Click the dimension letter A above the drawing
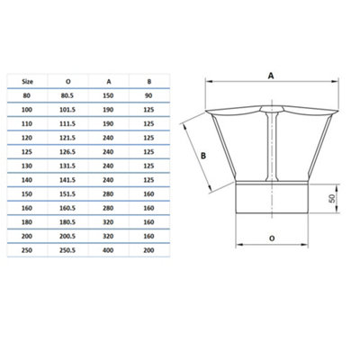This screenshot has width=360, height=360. [270, 76]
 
